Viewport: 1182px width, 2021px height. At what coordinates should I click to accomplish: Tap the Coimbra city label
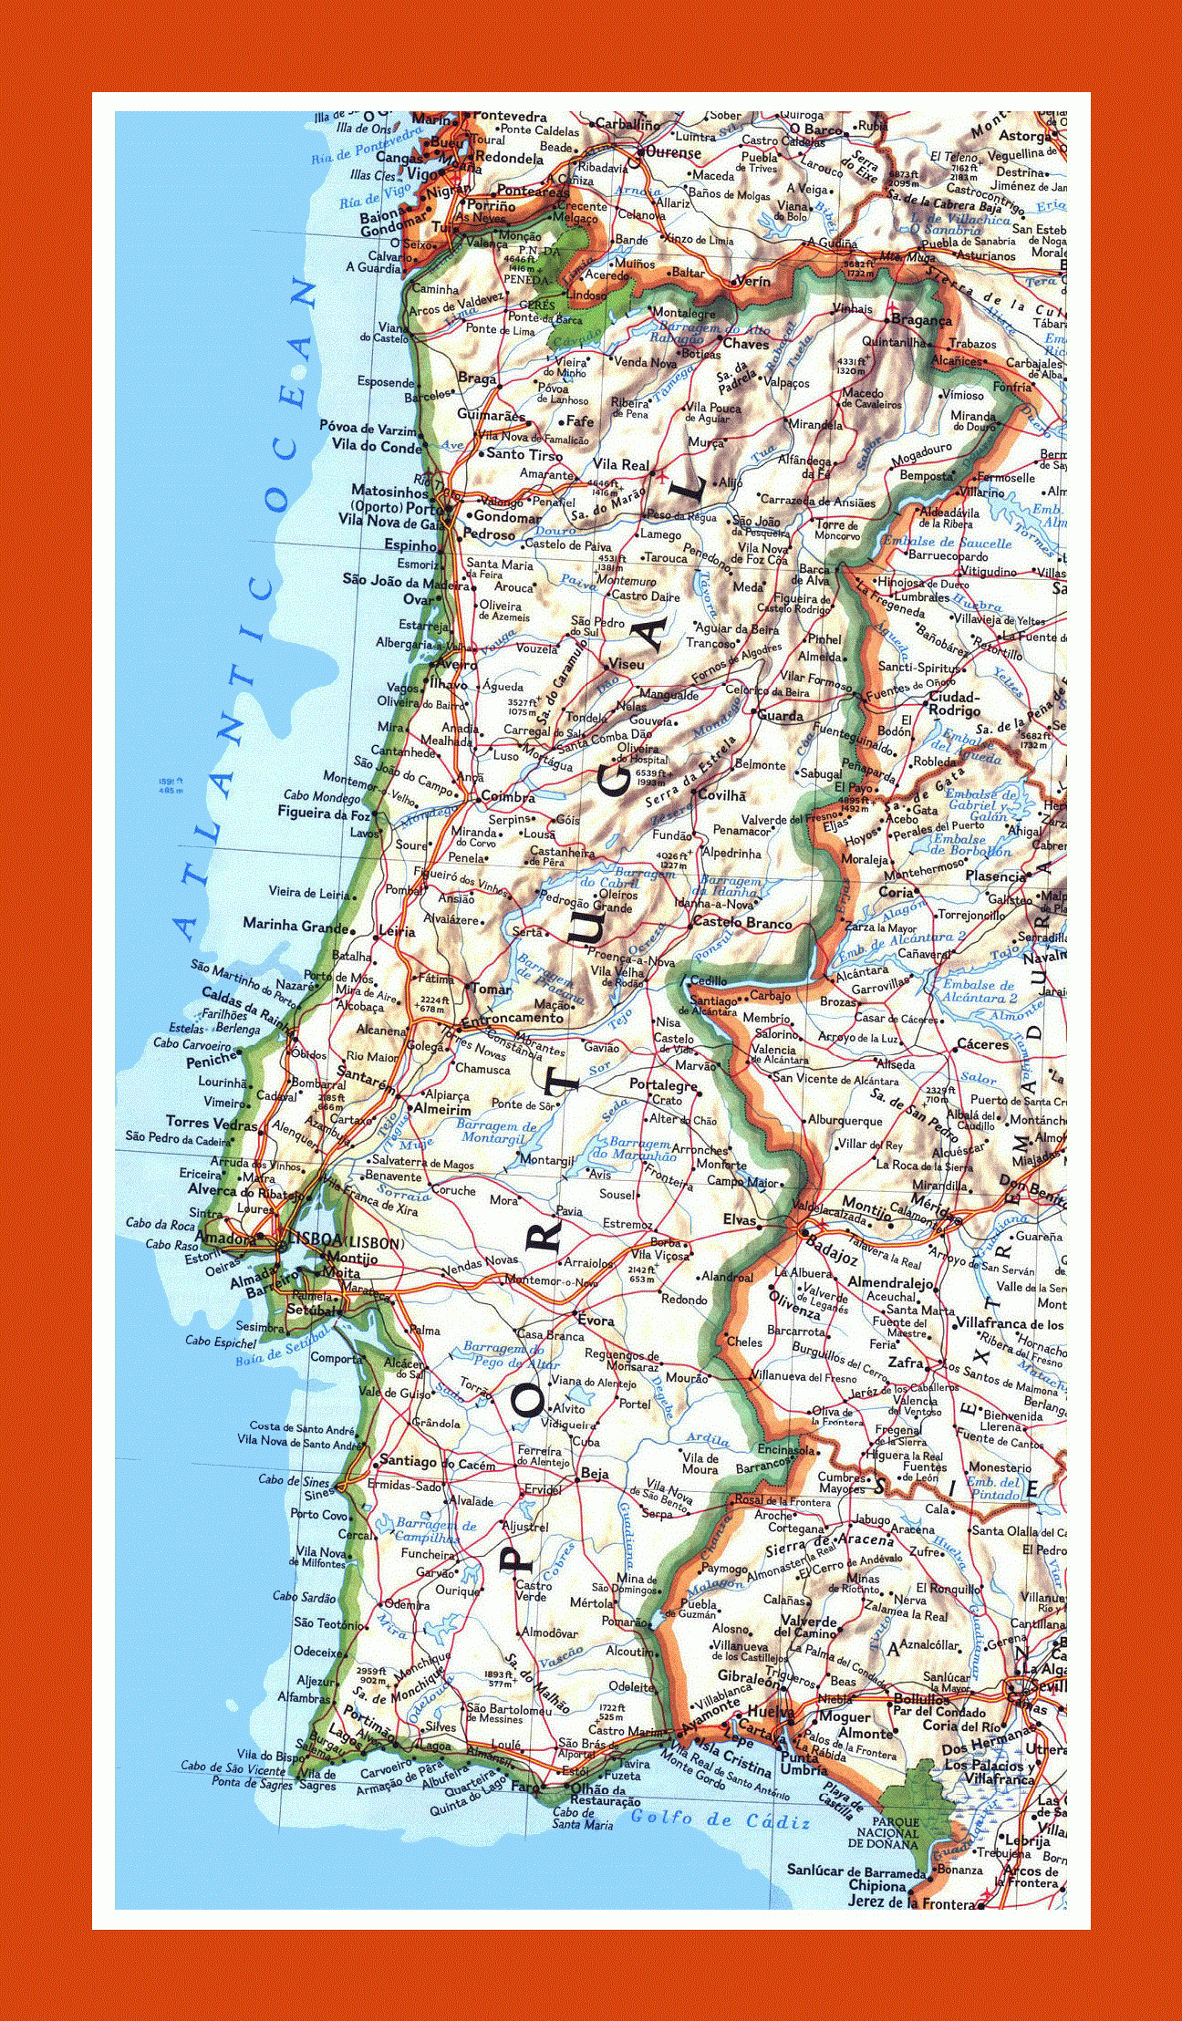coord(508,797)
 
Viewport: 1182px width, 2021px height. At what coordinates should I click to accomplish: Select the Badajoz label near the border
coord(832,1258)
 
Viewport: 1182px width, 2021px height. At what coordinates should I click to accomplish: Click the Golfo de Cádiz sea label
coord(720,1821)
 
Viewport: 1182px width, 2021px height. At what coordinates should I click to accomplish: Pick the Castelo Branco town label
coord(741,923)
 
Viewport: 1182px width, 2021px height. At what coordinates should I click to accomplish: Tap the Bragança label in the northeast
coord(921,320)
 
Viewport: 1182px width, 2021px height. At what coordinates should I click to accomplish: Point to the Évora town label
coord(596,1321)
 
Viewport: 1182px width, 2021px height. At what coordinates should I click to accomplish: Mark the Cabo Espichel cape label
coord(221,1341)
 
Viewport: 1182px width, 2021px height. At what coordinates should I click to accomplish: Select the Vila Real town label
coord(621,464)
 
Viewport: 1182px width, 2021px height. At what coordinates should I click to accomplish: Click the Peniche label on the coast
coord(212,1062)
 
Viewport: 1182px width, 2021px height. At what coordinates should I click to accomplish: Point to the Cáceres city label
coord(982,1044)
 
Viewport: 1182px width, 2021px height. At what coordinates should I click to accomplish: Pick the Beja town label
coord(594,1473)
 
